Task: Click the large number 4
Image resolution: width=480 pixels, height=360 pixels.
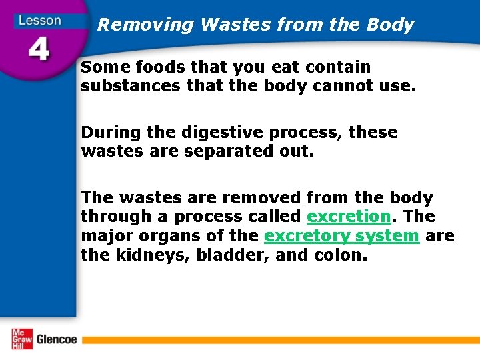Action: [39, 49]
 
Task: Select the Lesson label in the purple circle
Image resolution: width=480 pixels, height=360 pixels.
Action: [39, 20]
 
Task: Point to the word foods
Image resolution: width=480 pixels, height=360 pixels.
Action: [157, 67]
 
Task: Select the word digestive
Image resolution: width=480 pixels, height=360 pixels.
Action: [209, 133]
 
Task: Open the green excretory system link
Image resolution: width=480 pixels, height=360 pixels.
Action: [341, 235]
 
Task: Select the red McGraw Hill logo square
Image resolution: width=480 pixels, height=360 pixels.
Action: [21, 339]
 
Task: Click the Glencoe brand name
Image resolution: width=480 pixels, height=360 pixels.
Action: [57, 339]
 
